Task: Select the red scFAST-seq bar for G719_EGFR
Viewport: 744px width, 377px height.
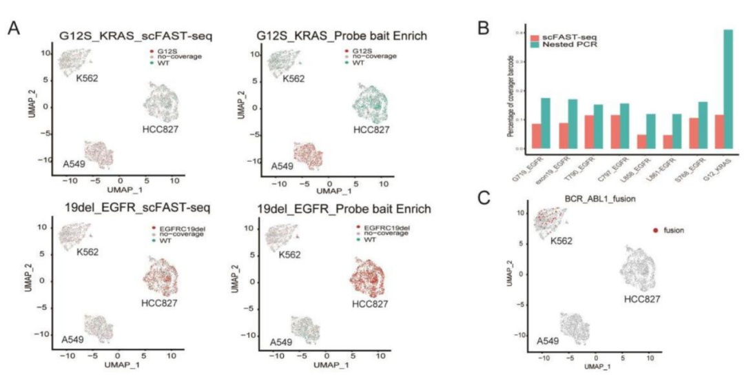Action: click(537, 136)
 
